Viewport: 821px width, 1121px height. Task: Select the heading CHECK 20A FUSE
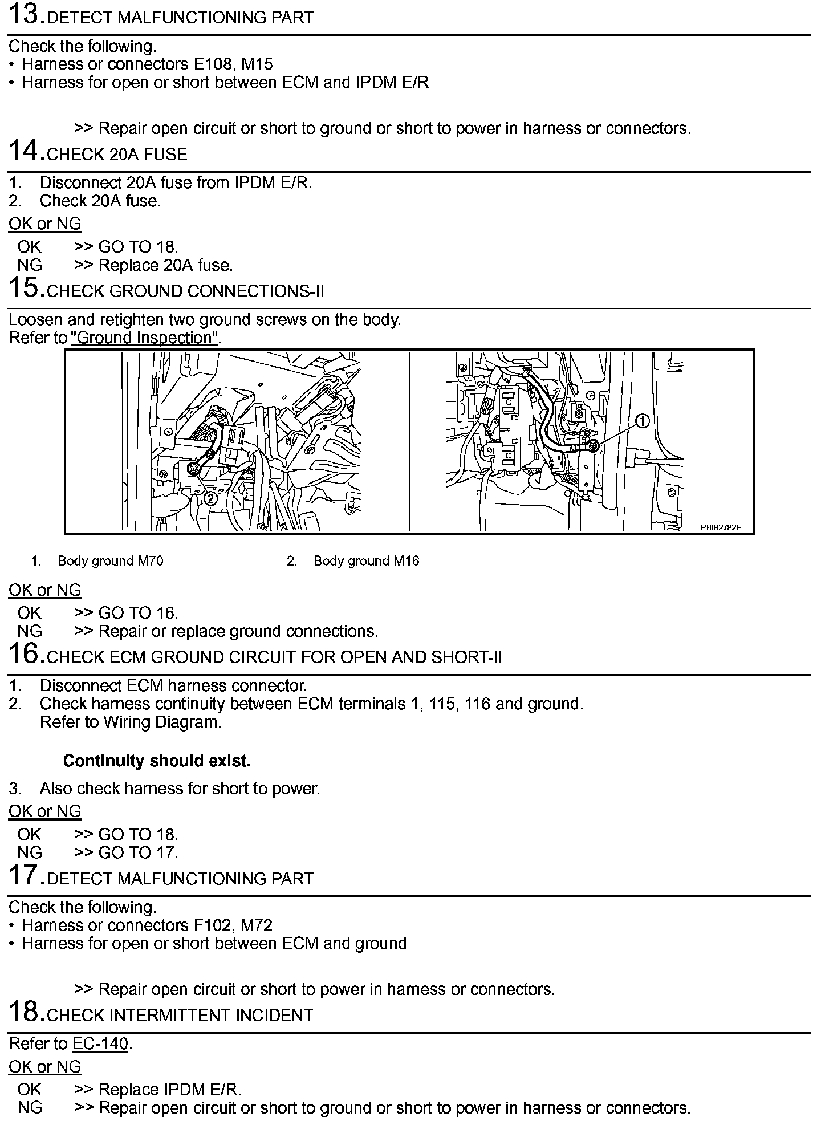(117, 155)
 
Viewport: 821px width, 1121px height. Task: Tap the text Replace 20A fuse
(165, 265)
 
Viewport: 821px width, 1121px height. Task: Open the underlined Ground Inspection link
(145, 338)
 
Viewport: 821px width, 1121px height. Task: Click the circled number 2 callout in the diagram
(210, 498)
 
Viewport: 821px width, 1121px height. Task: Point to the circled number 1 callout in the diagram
(642, 421)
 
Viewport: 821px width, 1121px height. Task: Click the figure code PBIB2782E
(721, 527)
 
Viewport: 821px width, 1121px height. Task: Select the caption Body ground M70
(110, 561)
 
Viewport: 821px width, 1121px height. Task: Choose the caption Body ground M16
(366, 561)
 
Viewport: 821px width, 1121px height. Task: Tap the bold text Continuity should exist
(157, 761)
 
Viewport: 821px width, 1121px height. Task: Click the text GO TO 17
(138, 852)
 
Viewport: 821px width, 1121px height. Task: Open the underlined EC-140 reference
(100, 1044)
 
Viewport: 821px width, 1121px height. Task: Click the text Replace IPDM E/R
(169, 1089)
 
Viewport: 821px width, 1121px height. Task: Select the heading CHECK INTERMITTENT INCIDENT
(180, 1016)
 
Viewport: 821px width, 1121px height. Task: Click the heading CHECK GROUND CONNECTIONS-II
(185, 291)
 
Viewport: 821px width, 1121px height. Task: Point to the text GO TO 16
(138, 613)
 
